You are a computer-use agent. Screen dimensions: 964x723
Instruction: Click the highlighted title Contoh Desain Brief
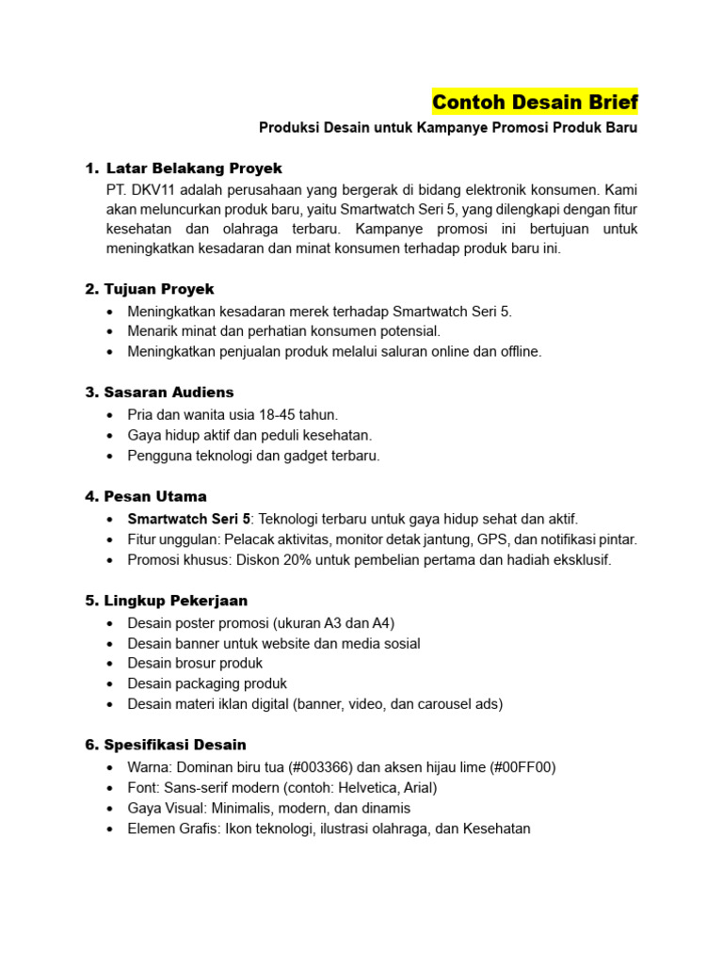535,102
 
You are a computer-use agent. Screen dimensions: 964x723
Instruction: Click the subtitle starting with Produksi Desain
448,128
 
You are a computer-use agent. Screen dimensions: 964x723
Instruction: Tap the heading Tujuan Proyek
160,289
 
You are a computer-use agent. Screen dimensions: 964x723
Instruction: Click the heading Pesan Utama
156,496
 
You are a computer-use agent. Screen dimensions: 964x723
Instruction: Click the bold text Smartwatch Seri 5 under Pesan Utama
189,519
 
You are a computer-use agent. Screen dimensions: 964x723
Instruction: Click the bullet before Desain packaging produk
114,684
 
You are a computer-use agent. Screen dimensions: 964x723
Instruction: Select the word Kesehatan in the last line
496,829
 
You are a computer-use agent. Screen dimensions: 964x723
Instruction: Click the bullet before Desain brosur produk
114,664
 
